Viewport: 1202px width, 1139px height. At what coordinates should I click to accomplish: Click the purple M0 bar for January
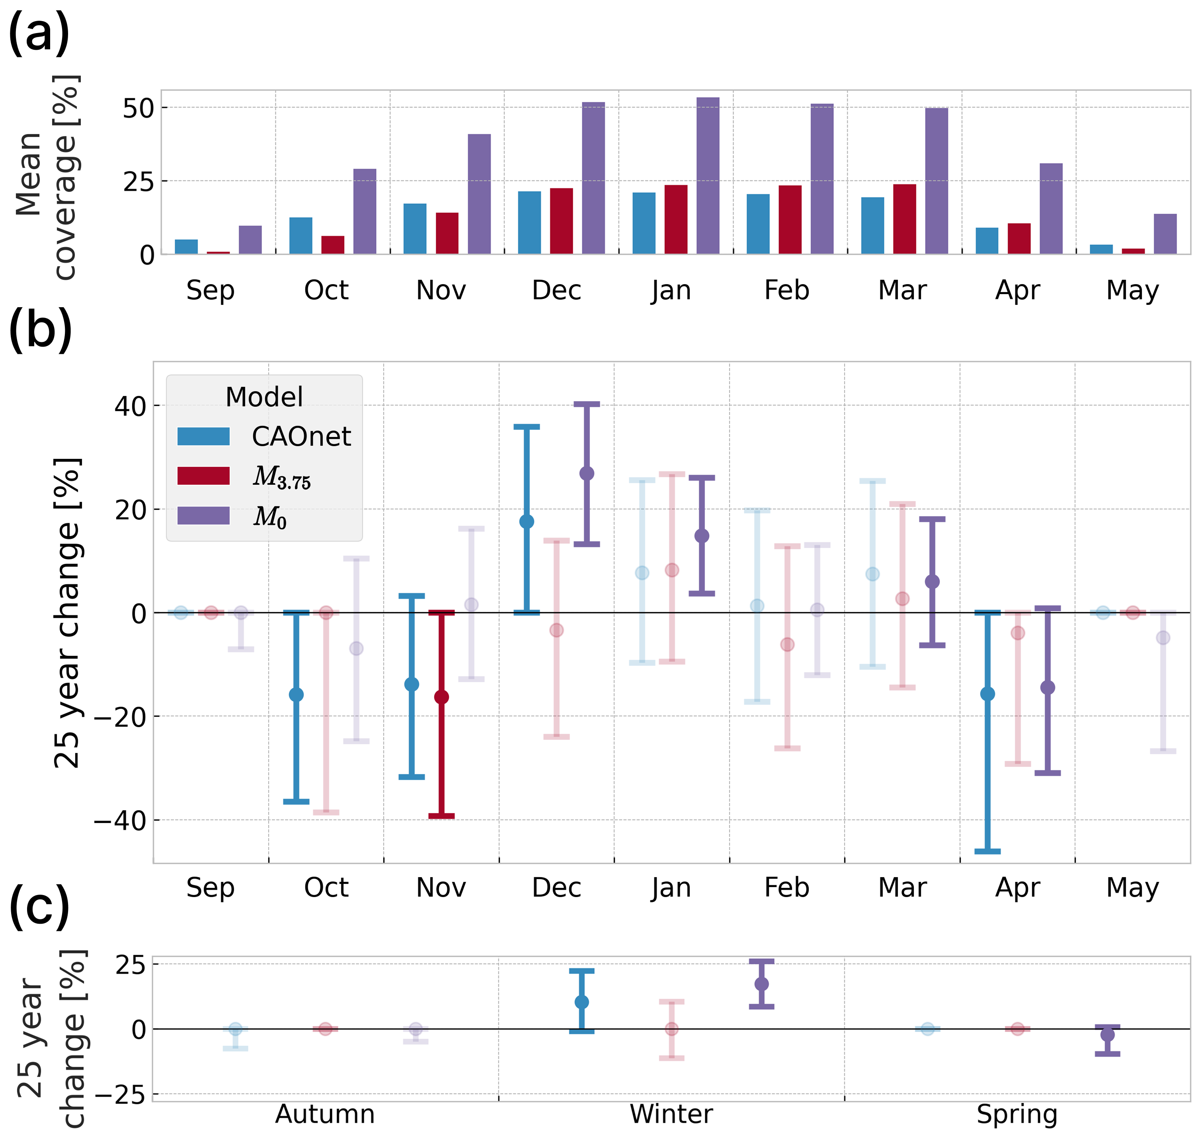(x=707, y=176)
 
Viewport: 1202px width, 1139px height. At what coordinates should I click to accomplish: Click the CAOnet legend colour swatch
(x=203, y=437)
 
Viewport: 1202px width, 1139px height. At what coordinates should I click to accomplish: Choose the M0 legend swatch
(x=203, y=515)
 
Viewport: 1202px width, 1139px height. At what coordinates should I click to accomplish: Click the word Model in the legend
(x=264, y=397)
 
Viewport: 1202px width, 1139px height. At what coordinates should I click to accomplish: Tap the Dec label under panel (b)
(x=556, y=887)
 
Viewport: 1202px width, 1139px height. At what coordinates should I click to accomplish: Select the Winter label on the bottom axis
(x=671, y=1114)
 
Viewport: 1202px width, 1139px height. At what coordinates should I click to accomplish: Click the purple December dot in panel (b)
(x=586, y=474)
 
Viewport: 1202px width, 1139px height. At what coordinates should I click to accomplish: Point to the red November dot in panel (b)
(x=441, y=697)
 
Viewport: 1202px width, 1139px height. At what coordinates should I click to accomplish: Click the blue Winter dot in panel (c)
(x=581, y=1002)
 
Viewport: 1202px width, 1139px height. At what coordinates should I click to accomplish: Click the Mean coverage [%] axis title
(x=45, y=176)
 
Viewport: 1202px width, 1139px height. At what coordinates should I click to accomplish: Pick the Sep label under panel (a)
(x=210, y=290)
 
